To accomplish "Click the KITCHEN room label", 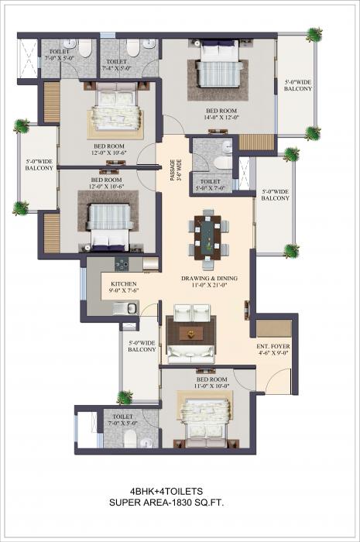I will pos(124,284).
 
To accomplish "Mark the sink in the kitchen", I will pos(130,308).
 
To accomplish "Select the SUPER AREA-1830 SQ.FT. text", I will pos(179,503).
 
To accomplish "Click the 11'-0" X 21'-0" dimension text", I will pos(209,286).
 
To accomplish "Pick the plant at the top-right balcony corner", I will pos(314,35).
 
